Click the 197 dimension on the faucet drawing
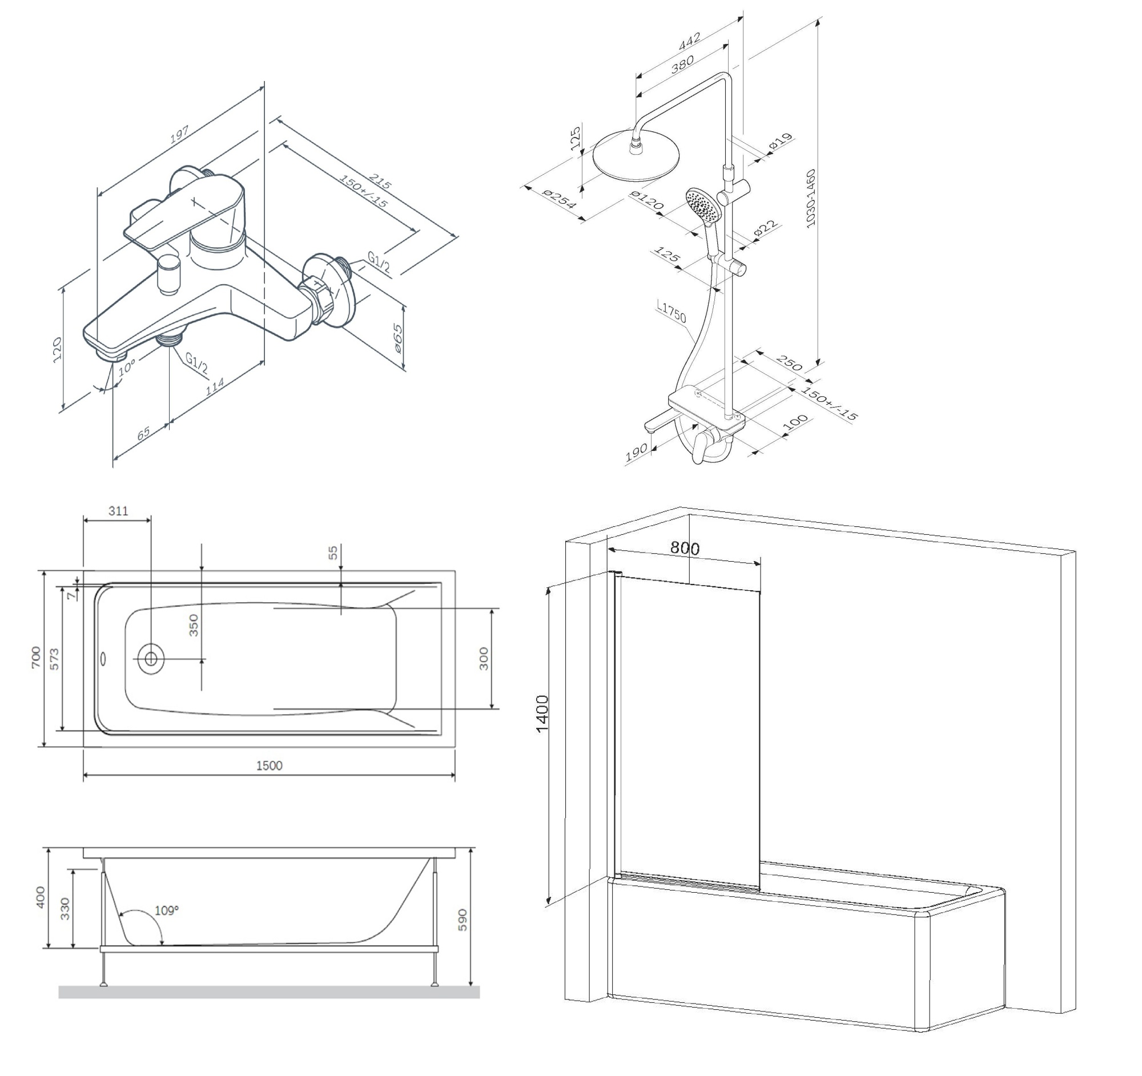point(180,134)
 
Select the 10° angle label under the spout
point(126,367)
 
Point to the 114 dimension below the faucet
point(214,385)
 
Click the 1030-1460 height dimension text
point(811,198)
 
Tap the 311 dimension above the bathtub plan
point(118,511)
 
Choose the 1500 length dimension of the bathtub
point(269,765)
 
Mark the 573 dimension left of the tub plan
point(54,659)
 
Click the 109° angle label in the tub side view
point(167,910)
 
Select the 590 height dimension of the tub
point(463,920)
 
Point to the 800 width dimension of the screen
point(685,548)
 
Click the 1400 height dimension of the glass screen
point(542,714)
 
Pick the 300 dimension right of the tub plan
point(484,658)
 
